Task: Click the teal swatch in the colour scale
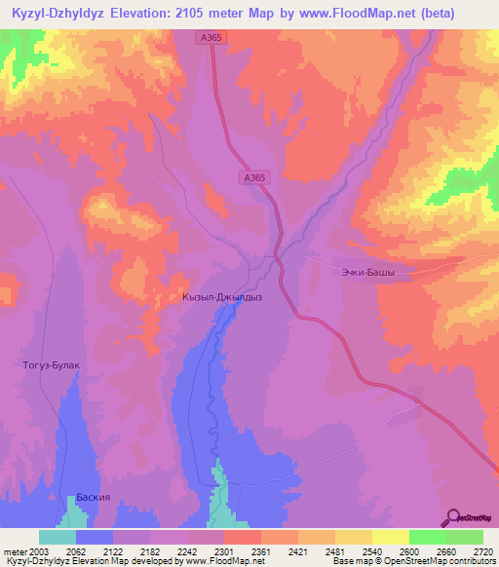pos(58,537)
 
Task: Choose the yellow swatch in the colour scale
pos(391,537)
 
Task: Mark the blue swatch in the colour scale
pos(95,537)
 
